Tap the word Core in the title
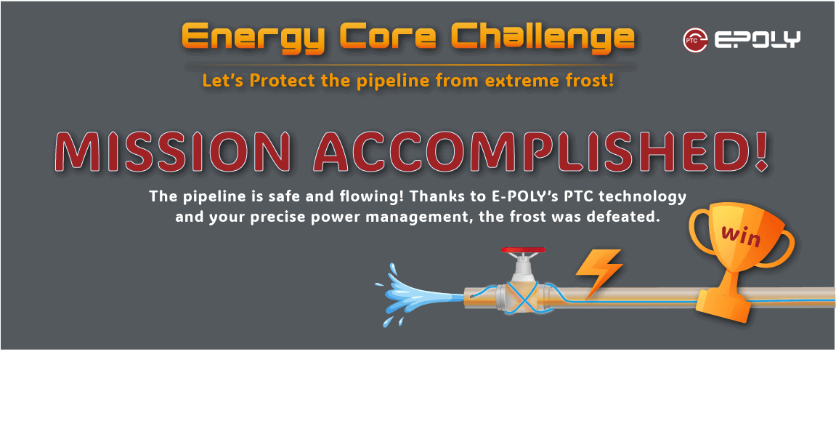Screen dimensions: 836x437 tap(388, 37)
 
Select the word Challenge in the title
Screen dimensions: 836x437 tap(543, 38)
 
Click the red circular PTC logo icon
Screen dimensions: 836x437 tap(695, 40)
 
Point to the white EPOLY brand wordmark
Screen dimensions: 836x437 tap(757, 40)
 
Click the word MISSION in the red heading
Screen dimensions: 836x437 tap(174, 151)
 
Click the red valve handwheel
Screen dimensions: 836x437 tap(523, 250)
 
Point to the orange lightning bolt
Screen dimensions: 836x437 tap(598, 272)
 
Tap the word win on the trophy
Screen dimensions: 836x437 tap(741, 235)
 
